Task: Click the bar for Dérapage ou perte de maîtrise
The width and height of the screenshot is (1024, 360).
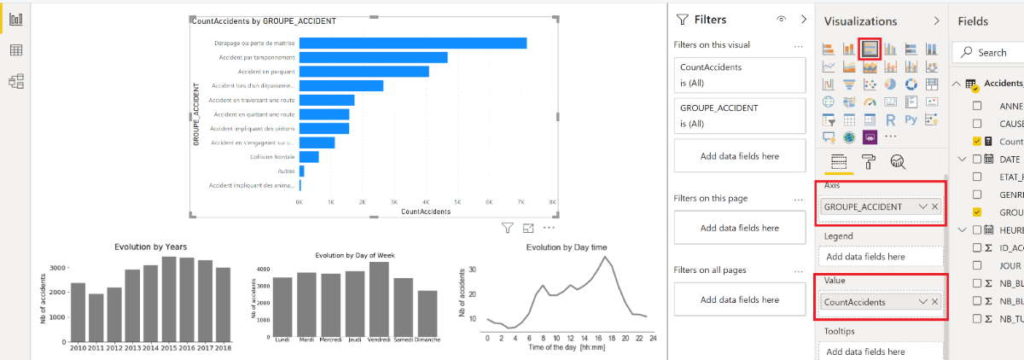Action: click(412, 43)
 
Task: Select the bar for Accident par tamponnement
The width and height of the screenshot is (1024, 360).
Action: click(373, 57)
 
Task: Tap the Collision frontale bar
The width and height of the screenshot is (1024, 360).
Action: click(308, 156)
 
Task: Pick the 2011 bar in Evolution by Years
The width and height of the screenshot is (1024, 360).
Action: click(96, 318)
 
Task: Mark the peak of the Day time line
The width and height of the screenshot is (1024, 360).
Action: click(604, 258)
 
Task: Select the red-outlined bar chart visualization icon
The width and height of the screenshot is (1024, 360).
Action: click(870, 47)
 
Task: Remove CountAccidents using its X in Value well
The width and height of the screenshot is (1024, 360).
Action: click(935, 301)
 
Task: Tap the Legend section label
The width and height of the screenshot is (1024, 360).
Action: click(839, 236)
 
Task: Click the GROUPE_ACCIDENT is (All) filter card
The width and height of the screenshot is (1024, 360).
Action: click(740, 114)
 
